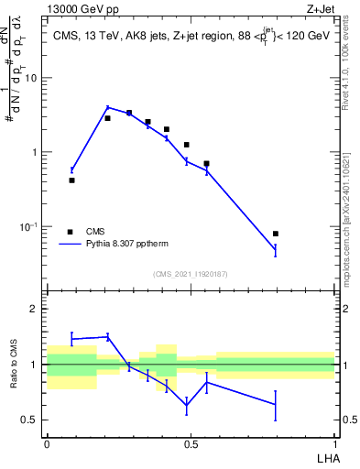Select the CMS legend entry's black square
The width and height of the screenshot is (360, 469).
[70, 232]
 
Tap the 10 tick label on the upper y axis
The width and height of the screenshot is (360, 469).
[30, 78]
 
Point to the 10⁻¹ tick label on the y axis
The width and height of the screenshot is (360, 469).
[28, 226]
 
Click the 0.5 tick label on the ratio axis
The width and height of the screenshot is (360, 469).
[30, 420]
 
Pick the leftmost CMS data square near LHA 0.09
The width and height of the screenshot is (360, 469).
[72, 180]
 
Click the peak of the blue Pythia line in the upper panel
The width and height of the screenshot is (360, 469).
[107, 107]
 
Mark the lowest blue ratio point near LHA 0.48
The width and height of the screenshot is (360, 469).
[187, 405]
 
